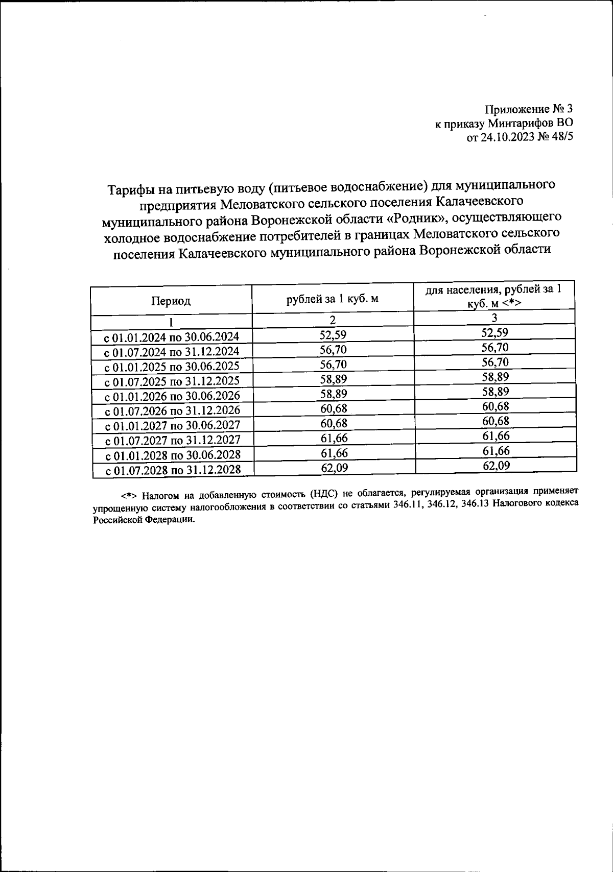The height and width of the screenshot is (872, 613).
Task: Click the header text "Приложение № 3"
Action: [x=529, y=109]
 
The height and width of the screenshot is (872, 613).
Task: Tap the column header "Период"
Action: [x=171, y=301]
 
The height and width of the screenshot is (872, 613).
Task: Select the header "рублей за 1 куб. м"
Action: [x=333, y=299]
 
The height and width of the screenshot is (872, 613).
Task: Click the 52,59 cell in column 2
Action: [x=333, y=335]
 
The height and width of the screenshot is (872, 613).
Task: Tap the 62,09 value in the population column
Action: [x=496, y=466]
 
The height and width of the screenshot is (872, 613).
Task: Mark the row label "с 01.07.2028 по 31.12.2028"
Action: [x=173, y=470]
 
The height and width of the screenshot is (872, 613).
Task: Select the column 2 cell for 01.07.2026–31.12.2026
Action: [x=333, y=409]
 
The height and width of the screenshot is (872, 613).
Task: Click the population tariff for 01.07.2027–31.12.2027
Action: [x=496, y=436]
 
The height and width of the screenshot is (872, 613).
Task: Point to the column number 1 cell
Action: [x=171, y=322]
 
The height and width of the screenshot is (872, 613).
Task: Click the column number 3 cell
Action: [x=494, y=318]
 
